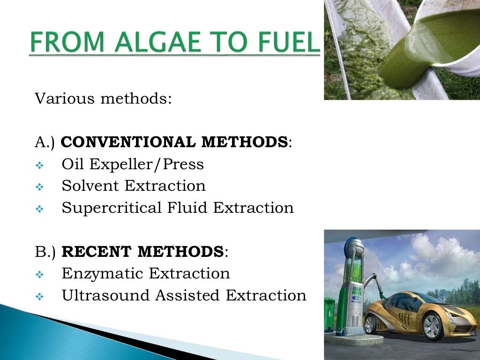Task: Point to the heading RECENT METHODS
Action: [143, 252]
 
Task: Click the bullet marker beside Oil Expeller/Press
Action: [39, 165]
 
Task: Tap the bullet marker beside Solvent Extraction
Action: [39, 187]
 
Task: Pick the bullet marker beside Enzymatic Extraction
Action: [39, 275]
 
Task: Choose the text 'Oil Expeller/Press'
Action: [133, 165]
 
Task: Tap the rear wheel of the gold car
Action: [371, 323]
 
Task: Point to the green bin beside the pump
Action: [330, 315]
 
